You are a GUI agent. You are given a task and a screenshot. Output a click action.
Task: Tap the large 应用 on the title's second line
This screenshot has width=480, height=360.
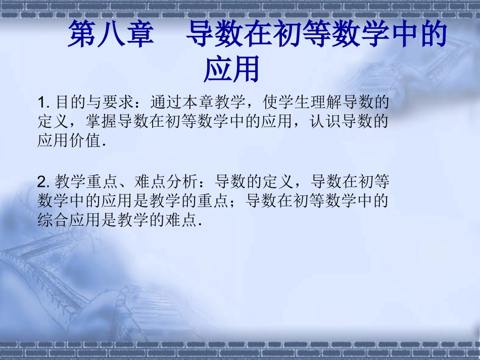231,69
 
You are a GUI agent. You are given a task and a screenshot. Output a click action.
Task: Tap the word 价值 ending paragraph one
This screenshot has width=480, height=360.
85,141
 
